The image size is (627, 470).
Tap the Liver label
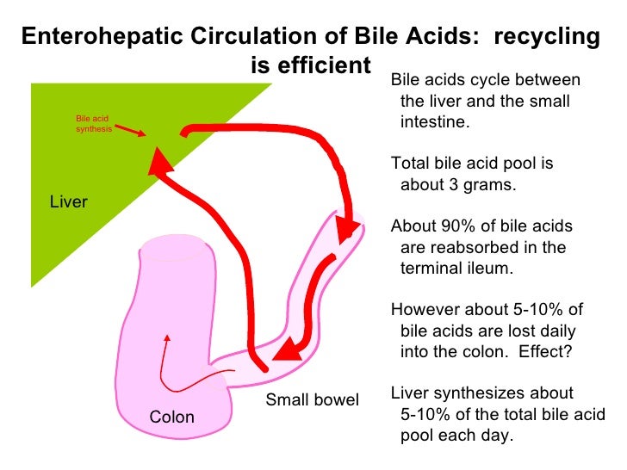(x=70, y=202)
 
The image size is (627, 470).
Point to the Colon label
(x=172, y=417)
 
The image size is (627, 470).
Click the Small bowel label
(x=312, y=400)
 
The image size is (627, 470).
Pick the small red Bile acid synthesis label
(x=91, y=125)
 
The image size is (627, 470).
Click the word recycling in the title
(x=544, y=37)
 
